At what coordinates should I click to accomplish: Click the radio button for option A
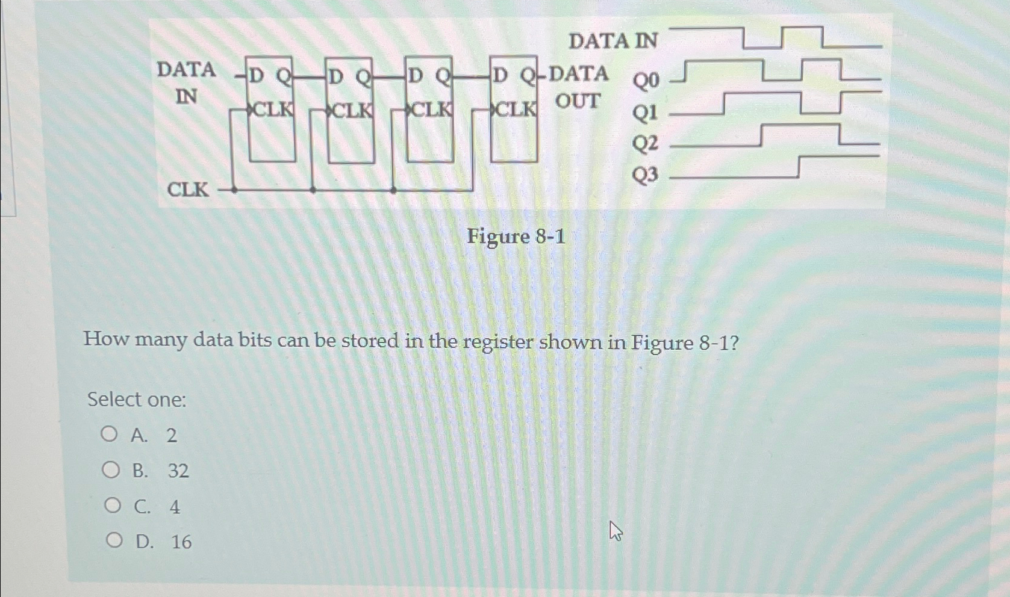[x=109, y=434]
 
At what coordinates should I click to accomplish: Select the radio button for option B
[x=111, y=469]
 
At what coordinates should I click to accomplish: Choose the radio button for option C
[x=113, y=506]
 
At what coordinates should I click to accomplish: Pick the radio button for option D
[x=114, y=540]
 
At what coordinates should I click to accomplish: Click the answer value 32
[x=178, y=471]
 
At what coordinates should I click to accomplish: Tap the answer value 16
[x=181, y=542]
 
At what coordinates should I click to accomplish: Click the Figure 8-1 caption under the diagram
[x=516, y=237]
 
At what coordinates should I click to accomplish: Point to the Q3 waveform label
[x=645, y=175]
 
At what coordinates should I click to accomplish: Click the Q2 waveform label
[x=645, y=143]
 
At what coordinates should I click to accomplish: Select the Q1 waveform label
[x=645, y=112]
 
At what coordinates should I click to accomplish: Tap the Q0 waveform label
[x=646, y=80]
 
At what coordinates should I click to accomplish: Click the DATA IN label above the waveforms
[x=613, y=41]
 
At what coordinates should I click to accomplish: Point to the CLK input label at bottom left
[x=187, y=190]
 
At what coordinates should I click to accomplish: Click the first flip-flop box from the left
[x=272, y=110]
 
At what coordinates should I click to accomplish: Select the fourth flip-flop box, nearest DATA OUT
[x=513, y=110]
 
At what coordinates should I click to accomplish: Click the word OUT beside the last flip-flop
[x=578, y=101]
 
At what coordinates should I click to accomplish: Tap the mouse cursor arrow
[x=615, y=530]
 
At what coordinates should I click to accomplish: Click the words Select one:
[x=137, y=399]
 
